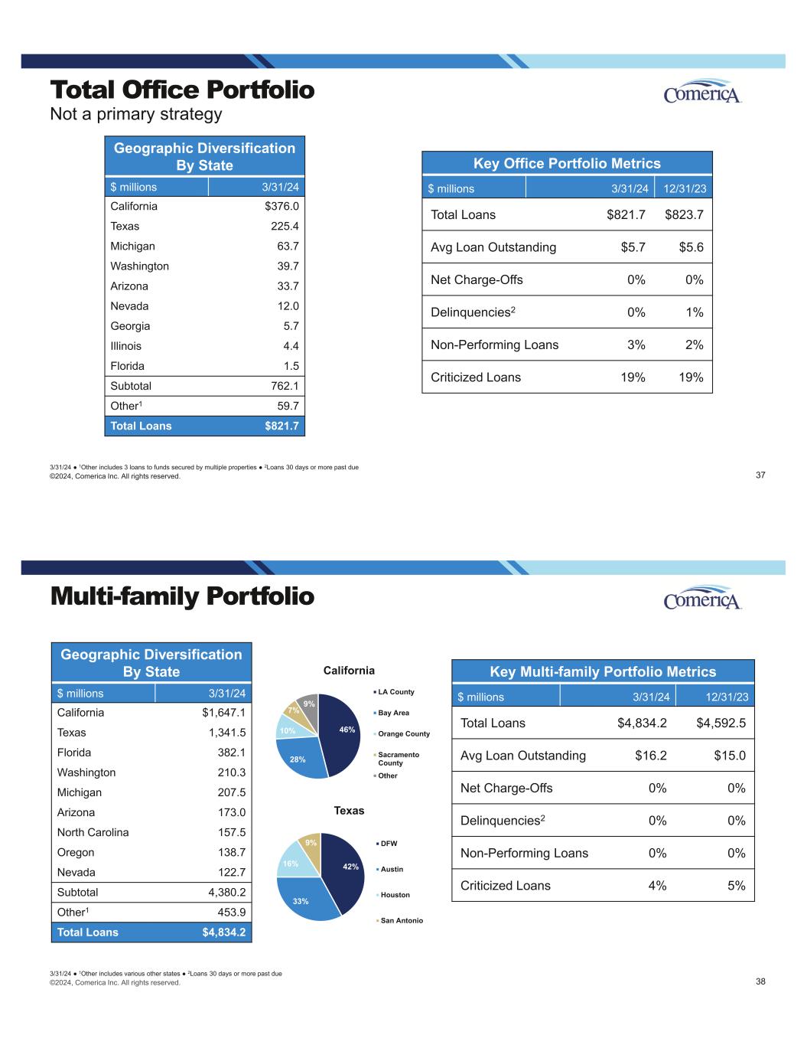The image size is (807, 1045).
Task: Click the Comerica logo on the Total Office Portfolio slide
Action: [702, 93]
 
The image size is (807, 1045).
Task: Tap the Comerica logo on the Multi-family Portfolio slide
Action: [702, 599]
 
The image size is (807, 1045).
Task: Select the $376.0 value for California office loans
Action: [281, 206]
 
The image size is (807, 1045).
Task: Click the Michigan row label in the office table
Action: [132, 246]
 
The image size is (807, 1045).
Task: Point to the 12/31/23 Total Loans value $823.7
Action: [684, 214]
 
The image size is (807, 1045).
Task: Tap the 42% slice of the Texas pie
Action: [343, 873]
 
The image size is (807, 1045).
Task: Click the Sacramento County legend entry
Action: [398, 758]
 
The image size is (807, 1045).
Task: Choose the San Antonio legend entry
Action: [401, 920]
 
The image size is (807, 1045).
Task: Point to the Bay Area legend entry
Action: [393, 713]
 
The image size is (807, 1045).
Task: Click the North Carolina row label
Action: [93, 832]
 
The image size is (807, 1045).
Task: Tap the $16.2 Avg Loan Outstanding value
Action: [650, 756]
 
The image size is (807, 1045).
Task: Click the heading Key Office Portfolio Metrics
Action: [567, 163]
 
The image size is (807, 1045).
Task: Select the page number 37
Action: [760, 475]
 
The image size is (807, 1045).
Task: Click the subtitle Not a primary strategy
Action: [136, 114]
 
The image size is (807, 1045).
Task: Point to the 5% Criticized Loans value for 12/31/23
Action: [735, 886]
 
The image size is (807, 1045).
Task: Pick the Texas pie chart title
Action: [349, 810]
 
